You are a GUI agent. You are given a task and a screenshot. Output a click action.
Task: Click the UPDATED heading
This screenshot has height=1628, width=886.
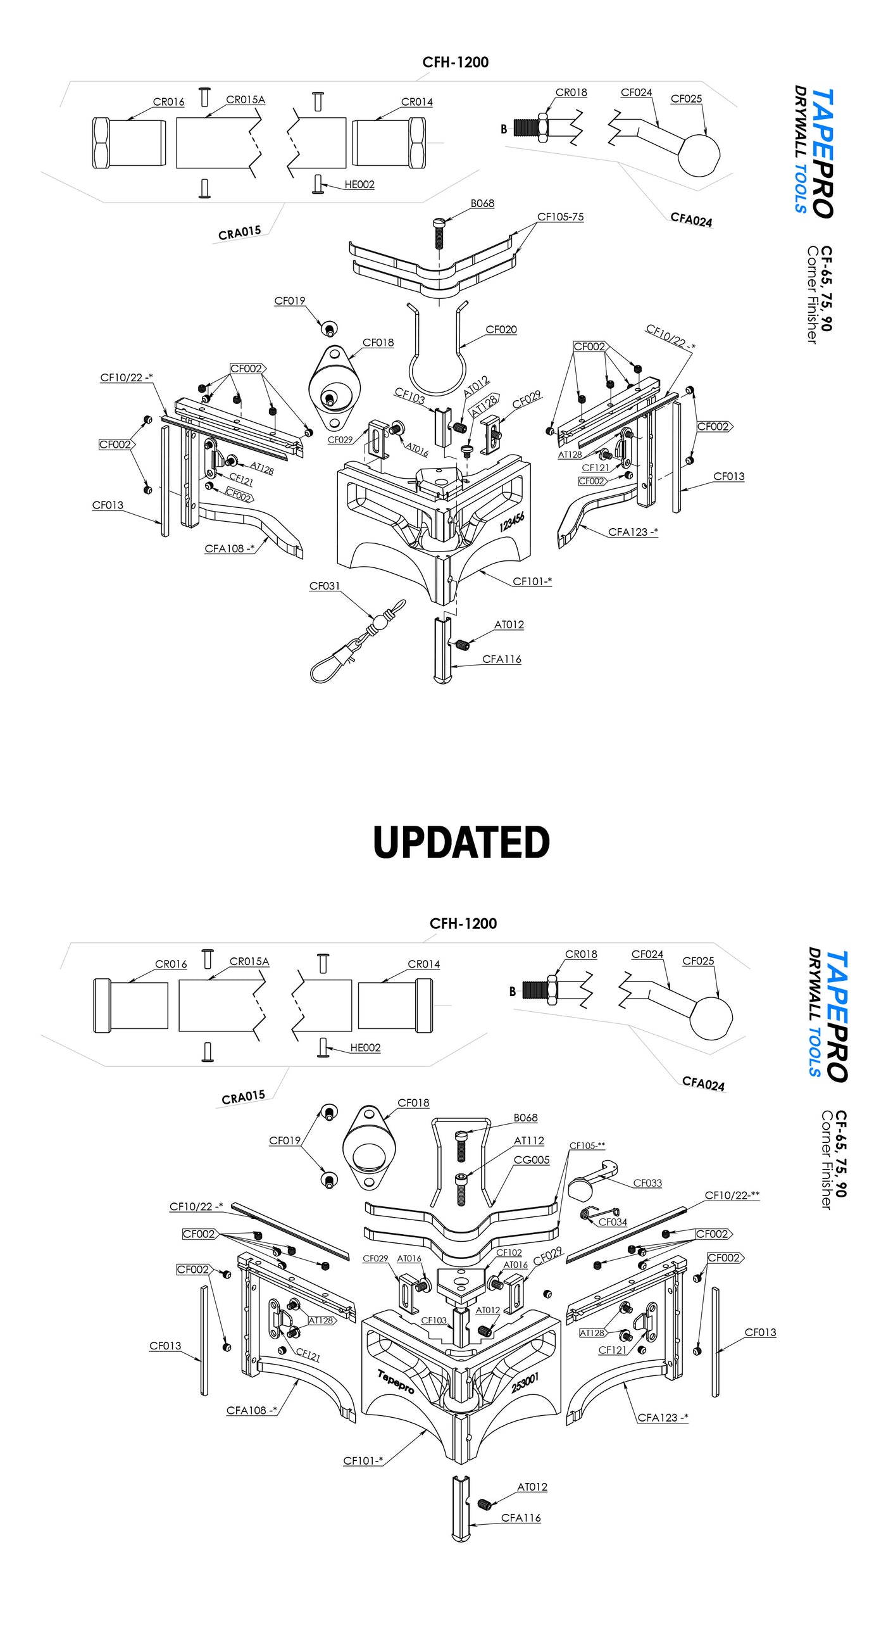coord(461,842)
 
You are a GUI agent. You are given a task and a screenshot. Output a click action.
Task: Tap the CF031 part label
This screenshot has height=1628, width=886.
coord(324,586)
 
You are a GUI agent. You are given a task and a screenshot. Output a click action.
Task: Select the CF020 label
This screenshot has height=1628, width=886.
coord(501,330)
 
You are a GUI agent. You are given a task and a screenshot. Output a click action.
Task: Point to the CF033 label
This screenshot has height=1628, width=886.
coord(647,1183)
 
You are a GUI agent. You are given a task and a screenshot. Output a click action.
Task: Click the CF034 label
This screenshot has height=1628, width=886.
coord(613,1222)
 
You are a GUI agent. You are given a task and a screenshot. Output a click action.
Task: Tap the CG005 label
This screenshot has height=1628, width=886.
coord(532,1160)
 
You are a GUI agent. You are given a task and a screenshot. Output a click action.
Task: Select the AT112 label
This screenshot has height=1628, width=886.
coord(529,1140)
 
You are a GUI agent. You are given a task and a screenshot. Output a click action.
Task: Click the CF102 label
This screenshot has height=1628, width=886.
coord(509,1253)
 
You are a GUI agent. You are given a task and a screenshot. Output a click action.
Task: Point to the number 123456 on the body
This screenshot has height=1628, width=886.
coord(511,522)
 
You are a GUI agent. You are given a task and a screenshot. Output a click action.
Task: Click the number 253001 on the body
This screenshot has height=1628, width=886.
coord(525,1383)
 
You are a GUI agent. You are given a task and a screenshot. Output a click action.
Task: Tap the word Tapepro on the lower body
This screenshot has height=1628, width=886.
coord(396,1381)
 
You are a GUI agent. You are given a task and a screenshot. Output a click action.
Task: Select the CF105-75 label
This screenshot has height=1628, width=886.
coord(560,217)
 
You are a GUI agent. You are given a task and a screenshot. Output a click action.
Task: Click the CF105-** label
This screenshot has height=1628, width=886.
coord(587,1145)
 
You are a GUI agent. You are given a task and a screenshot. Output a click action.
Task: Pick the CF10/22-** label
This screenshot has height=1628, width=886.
coord(732,1196)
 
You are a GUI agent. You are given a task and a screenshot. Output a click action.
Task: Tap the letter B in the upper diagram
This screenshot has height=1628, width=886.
coord(504,129)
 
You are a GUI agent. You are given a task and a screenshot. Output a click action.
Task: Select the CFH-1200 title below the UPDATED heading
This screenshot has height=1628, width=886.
coord(463,924)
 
